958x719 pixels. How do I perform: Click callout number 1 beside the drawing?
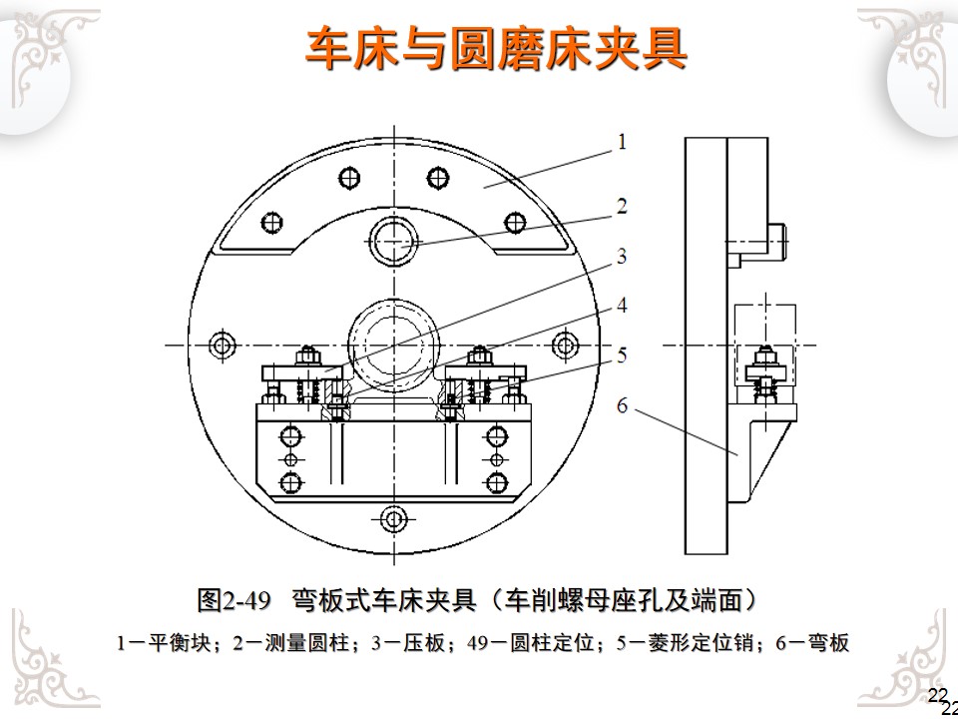tap(621, 143)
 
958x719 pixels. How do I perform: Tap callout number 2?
tap(621, 207)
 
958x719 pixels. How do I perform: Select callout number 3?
tap(621, 257)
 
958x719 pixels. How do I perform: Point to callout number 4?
tap(621, 306)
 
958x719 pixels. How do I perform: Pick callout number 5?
tap(621, 354)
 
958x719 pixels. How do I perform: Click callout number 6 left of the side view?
tap(621, 405)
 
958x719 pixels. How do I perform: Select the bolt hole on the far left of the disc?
tap(222, 346)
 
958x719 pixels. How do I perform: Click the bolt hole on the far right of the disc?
tap(566, 346)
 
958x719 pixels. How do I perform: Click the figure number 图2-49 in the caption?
tap(235, 601)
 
